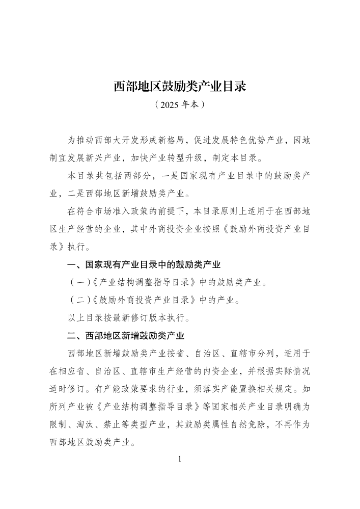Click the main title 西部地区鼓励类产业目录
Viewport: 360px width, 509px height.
pyautogui.click(x=180, y=86)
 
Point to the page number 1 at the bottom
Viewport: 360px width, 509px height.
pyautogui.click(x=180, y=459)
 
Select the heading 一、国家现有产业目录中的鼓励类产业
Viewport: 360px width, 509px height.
pyautogui.click(x=144, y=265)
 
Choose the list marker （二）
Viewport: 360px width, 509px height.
pyautogui.click(x=79, y=301)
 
